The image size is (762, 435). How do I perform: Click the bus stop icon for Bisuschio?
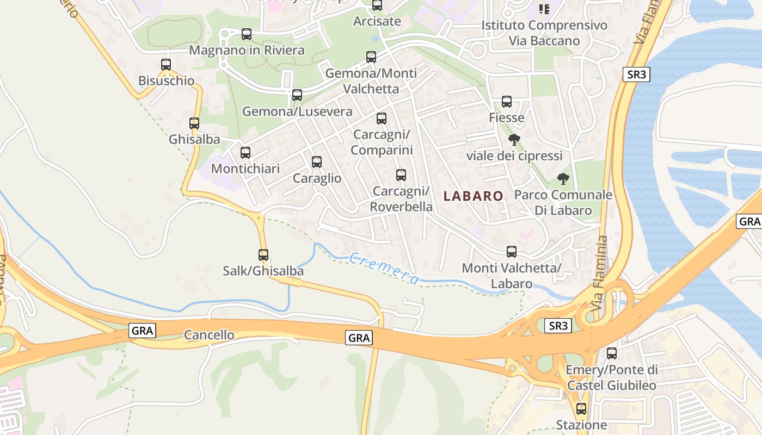tap(166, 64)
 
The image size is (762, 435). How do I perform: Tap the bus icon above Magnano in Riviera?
tap(247, 34)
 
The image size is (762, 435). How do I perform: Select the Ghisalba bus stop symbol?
tap(194, 123)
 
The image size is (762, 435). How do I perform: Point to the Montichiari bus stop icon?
tap(245, 153)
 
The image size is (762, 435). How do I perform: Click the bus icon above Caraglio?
tap(317, 162)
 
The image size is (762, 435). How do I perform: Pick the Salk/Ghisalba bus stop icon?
tap(263, 254)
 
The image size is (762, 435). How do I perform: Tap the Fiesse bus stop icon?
tap(507, 102)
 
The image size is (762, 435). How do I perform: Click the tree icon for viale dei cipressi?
tap(514, 140)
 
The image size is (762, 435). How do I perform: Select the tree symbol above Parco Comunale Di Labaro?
tap(563, 178)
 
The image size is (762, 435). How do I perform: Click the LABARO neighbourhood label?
tap(474, 196)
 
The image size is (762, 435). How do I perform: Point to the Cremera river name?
tap(384, 269)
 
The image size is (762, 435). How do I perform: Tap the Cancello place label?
tap(209, 335)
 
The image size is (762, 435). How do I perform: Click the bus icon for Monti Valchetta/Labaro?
tap(512, 252)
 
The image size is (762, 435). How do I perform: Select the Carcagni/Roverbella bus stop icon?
tap(401, 175)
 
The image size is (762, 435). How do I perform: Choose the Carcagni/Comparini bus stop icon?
tap(382, 119)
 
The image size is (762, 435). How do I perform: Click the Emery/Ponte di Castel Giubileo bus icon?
tap(612, 353)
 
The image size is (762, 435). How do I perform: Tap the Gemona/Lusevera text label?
tap(297, 111)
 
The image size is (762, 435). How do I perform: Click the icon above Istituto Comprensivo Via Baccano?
tap(544, 9)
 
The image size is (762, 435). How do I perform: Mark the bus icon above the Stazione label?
tap(581, 409)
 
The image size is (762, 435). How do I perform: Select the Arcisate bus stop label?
tap(377, 21)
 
